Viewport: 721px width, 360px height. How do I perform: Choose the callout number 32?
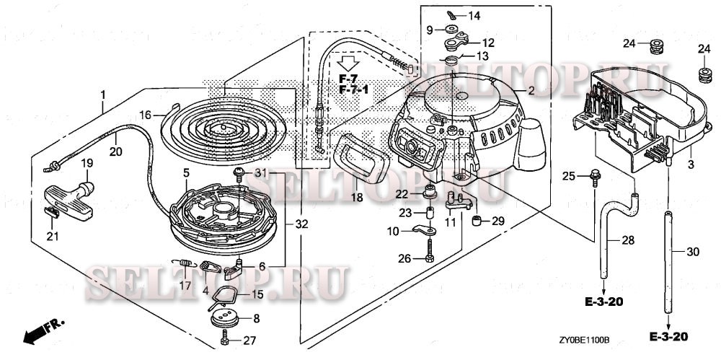click(302, 224)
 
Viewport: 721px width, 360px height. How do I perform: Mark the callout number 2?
click(531, 91)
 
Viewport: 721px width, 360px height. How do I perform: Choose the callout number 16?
click(145, 115)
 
